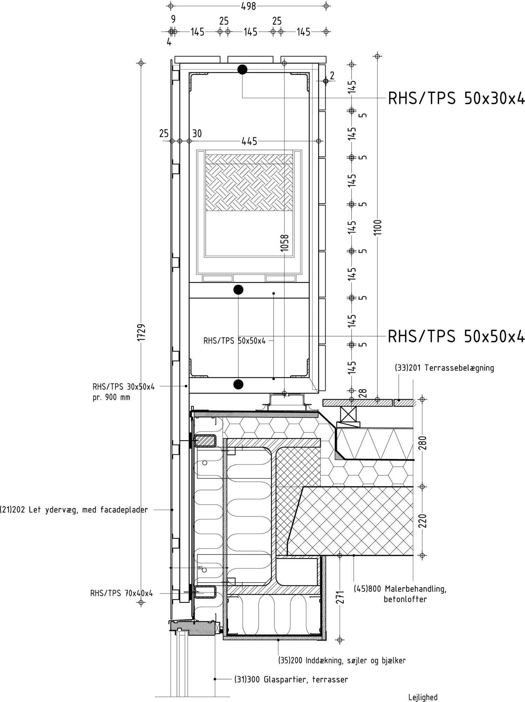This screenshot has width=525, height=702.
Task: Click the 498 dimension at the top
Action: pyautogui.click(x=248, y=6)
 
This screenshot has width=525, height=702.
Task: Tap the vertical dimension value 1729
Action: pyautogui.click(x=141, y=332)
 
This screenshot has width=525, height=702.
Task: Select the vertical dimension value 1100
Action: pyautogui.click(x=378, y=228)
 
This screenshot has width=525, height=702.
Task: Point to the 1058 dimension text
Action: pyautogui.click(x=285, y=243)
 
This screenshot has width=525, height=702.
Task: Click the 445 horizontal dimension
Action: pyautogui.click(x=249, y=141)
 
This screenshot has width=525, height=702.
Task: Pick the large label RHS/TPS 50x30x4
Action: pyautogui.click(x=456, y=98)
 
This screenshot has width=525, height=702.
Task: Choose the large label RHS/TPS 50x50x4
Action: pyautogui.click(x=456, y=336)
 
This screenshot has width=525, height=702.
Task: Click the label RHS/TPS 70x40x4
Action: pyautogui.click(x=121, y=594)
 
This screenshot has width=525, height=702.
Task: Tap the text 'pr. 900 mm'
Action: pyautogui.click(x=111, y=398)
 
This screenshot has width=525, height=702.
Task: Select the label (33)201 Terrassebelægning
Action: pyautogui.click(x=444, y=368)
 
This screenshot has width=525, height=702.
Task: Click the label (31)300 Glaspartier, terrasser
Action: pyautogui.click(x=291, y=680)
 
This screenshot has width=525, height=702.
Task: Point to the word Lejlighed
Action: pyautogui.click(x=423, y=697)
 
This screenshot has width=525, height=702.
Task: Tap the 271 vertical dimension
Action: pyautogui.click(x=340, y=597)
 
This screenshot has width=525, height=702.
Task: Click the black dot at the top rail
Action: pyautogui.click(x=242, y=69)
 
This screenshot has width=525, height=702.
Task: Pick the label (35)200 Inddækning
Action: pyautogui.click(x=342, y=661)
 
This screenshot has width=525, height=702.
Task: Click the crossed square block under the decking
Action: pyautogui.click(x=348, y=414)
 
